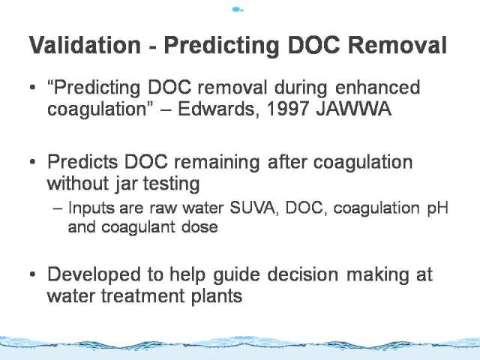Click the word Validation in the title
click(85, 45)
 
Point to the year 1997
click(287, 108)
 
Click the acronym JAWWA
click(353, 108)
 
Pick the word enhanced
click(378, 87)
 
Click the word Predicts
click(82, 162)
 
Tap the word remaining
click(217, 163)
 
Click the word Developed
click(94, 275)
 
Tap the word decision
click(303, 274)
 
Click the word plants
click(217, 297)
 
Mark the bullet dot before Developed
click(33, 274)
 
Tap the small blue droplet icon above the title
click(238, 9)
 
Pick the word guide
click(236, 275)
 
